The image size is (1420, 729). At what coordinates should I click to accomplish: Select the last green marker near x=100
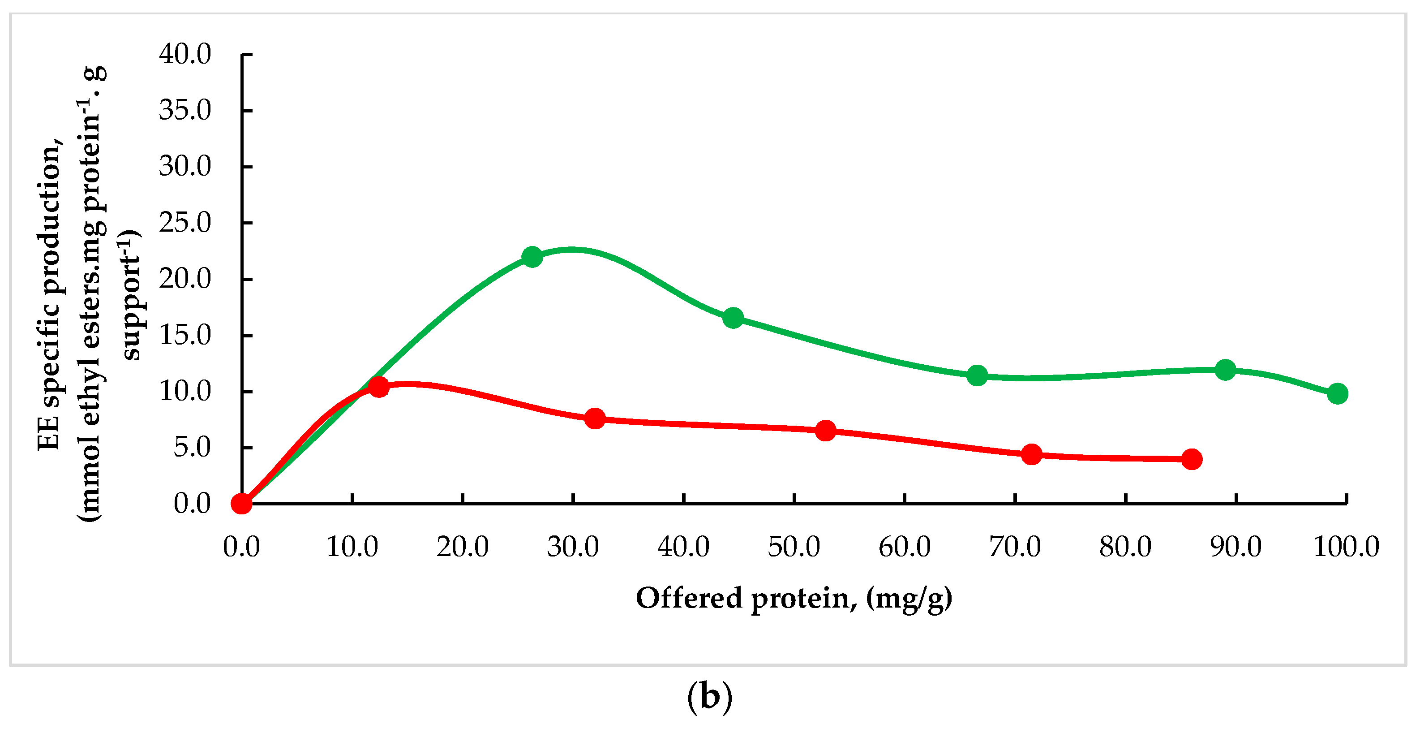click(x=1337, y=394)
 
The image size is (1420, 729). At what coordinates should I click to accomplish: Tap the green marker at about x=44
click(x=733, y=318)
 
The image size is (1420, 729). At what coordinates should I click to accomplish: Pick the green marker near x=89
click(x=1225, y=370)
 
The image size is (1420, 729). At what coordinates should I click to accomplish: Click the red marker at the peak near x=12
click(x=379, y=387)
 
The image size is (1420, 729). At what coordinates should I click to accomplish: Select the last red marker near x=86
click(x=1192, y=459)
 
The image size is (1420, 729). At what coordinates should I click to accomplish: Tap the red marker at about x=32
click(x=595, y=418)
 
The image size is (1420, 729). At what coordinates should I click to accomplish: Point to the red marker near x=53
click(x=825, y=431)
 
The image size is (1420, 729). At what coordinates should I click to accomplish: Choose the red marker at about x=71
click(x=1031, y=454)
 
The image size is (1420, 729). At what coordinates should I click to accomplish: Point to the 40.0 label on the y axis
click(x=184, y=54)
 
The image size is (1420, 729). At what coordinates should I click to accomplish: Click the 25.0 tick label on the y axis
click(x=184, y=223)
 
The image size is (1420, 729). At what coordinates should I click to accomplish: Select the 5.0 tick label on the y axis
click(x=192, y=447)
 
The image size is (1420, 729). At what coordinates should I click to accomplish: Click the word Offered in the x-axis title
click(x=689, y=598)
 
